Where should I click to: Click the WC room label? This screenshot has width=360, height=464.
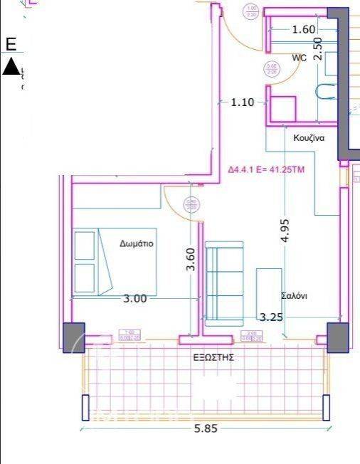pos(299,58)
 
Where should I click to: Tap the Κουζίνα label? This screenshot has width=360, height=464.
pos(309,138)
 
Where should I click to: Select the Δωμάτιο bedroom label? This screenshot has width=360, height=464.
pos(137,243)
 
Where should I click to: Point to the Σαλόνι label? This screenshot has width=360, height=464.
pos(293,296)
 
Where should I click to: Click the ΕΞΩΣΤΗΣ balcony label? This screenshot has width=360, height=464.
pos(213,358)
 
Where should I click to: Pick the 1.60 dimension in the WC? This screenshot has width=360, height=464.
pos(303,29)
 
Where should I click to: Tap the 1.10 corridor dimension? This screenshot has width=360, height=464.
pos(242,102)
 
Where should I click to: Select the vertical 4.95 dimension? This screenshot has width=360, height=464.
pos(284,232)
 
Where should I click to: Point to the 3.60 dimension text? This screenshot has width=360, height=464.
pos(190,259)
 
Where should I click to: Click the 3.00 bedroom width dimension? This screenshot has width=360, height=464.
pos(134,299)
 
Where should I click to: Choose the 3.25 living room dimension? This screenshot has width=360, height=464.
pos(271,317)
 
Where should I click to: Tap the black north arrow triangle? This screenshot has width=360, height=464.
pos(11,67)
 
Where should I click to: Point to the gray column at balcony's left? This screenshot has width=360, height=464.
pos(73,337)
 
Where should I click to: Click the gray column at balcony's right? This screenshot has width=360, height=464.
pos(337,336)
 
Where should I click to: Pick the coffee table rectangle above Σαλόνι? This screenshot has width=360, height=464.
pos(268,288)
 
